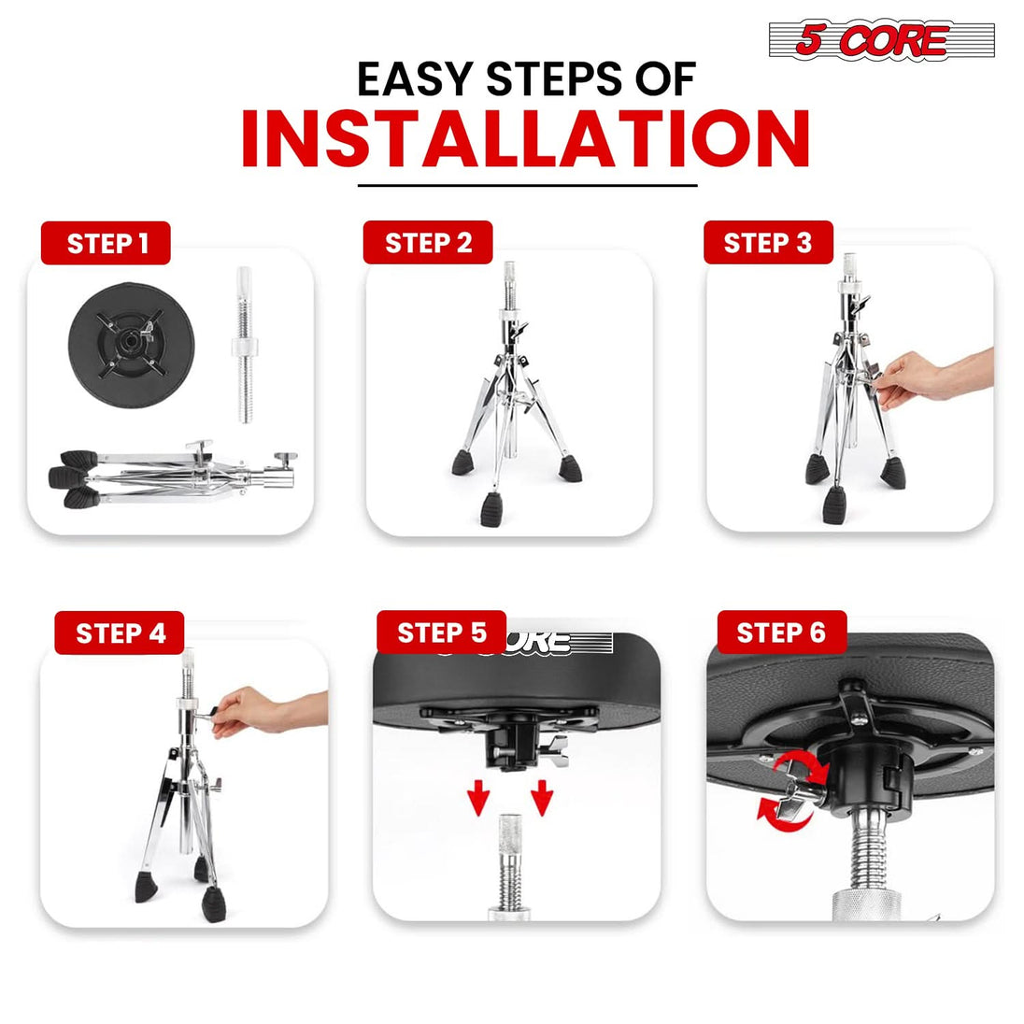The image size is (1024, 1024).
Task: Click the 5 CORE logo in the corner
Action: (882, 40)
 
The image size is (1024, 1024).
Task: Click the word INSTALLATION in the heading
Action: (526, 139)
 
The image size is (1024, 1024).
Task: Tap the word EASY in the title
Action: (415, 79)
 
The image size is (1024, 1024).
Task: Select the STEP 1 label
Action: (106, 243)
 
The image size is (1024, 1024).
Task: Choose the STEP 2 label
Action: (428, 242)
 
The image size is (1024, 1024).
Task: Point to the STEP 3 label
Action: (768, 242)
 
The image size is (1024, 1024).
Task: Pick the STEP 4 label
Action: (120, 633)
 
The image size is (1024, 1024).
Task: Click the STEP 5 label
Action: (442, 633)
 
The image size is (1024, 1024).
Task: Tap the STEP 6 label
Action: (782, 633)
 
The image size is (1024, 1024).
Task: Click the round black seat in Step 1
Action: (131, 345)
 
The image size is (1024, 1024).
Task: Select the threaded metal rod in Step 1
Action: (245, 345)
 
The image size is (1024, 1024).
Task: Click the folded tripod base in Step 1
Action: (173, 476)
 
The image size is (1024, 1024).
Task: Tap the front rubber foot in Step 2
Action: (492, 509)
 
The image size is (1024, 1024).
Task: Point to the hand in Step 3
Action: (932, 377)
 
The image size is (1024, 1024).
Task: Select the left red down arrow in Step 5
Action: (478, 797)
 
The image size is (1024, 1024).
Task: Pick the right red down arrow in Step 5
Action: (542, 797)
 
